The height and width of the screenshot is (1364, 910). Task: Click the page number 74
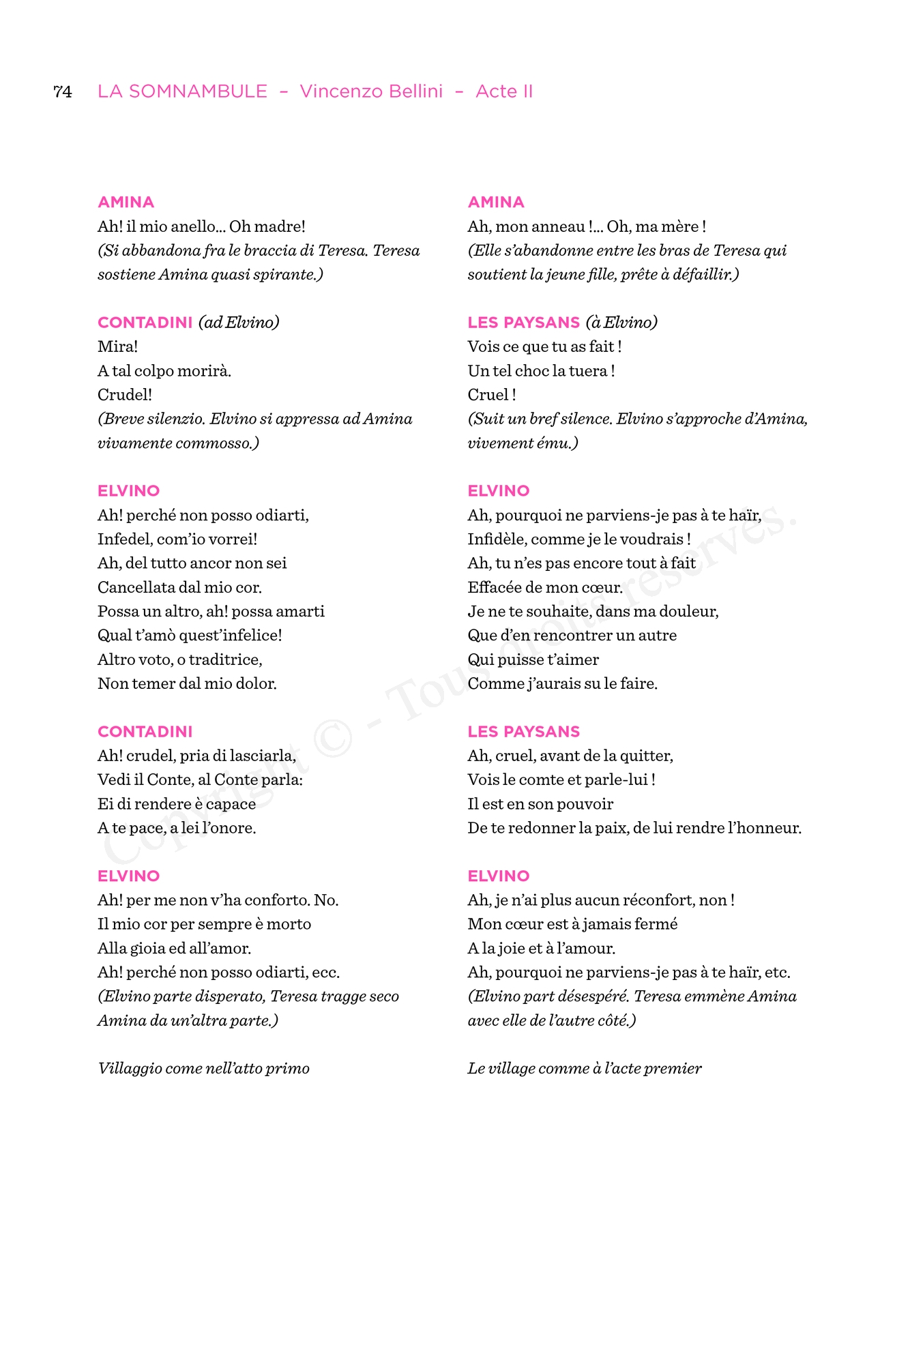[63, 91]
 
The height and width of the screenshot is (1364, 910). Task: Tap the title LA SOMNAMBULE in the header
[182, 91]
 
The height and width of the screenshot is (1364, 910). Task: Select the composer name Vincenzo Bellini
[371, 91]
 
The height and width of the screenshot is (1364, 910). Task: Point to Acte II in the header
[504, 91]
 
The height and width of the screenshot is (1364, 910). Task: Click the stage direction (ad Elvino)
[239, 323]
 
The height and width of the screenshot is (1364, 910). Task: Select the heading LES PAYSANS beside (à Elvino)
[523, 323]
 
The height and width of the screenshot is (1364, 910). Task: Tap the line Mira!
[117, 346]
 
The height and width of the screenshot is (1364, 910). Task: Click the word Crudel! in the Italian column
[125, 395]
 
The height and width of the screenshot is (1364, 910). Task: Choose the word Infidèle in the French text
[497, 539]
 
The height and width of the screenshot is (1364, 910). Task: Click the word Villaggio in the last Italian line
[129, 1069]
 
